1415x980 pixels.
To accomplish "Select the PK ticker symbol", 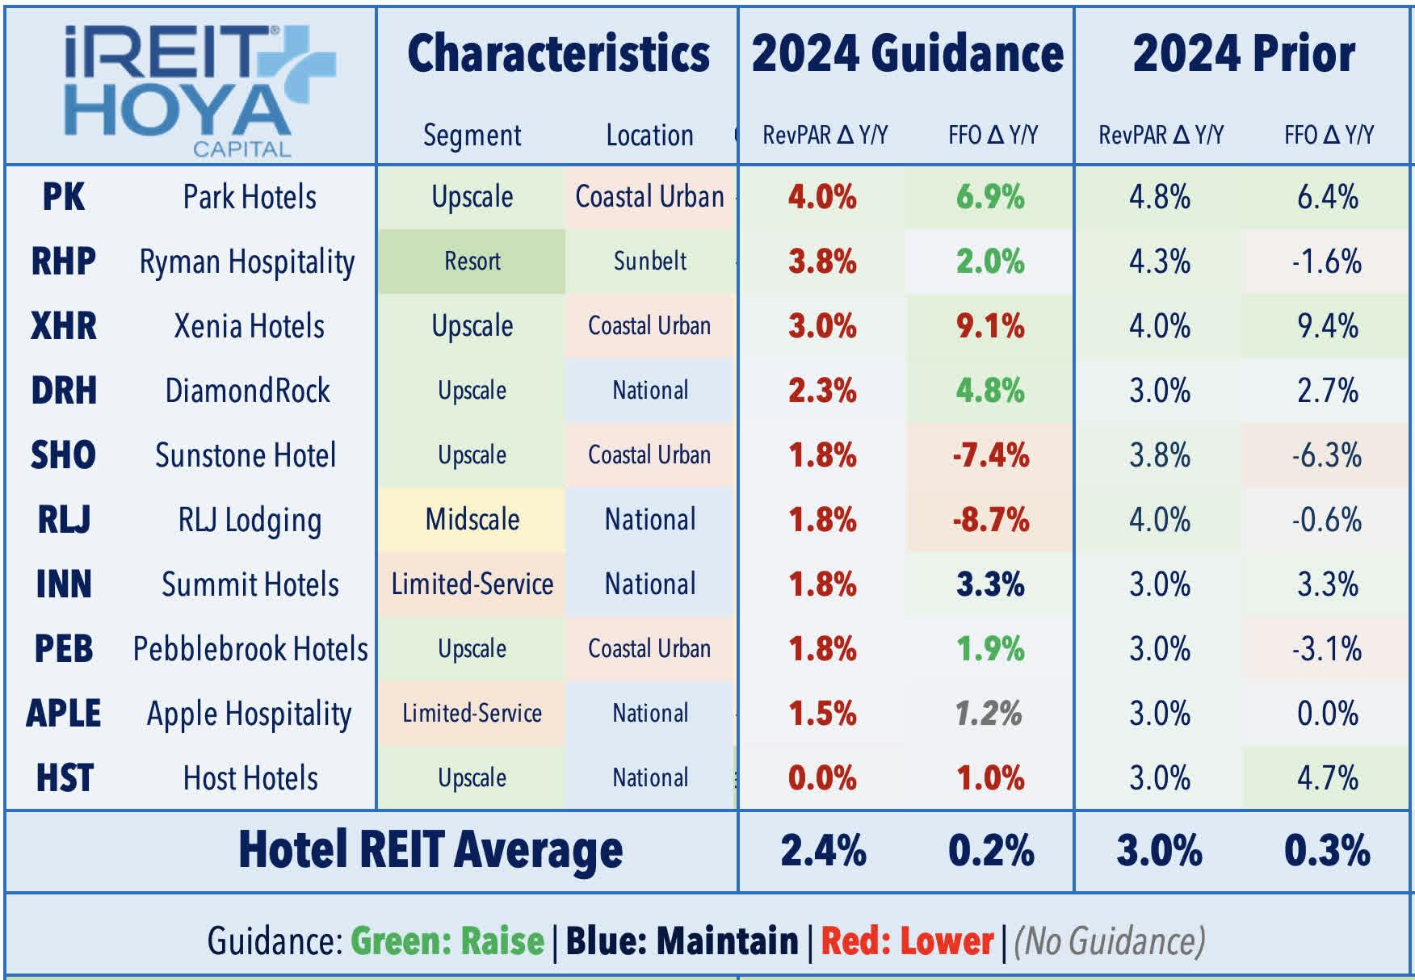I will pos(63,197).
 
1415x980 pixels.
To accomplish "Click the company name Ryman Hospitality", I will pos(247,262).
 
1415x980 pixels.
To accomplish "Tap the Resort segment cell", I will pos(472,262).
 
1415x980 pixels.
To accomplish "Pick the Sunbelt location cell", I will pos(650,262).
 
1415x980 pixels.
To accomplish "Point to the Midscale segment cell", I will pos(472,520).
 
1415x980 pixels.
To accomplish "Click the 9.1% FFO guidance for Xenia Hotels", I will pos(990,326).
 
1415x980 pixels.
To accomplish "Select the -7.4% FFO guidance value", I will pos(990,455).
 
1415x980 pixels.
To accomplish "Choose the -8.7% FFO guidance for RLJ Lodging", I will pos(990,520).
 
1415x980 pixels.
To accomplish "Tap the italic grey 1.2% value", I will pos(989,714).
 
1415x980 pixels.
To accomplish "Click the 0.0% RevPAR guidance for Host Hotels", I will pos(822,778).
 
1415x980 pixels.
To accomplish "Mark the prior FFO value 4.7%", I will pos(1327,778).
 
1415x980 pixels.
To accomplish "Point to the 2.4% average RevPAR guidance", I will pos(823,851).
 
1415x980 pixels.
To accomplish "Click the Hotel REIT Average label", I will pos(430,851).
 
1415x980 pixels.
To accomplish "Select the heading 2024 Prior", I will pos(1244,54).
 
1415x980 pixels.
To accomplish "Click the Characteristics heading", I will pos(558,54).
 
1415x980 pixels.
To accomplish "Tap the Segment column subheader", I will pos(472,135).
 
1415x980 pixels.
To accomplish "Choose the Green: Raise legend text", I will pos(447,941).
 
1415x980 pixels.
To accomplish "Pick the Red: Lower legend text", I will pos(907,941).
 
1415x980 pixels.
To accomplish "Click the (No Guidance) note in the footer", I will pos(1109,941).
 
